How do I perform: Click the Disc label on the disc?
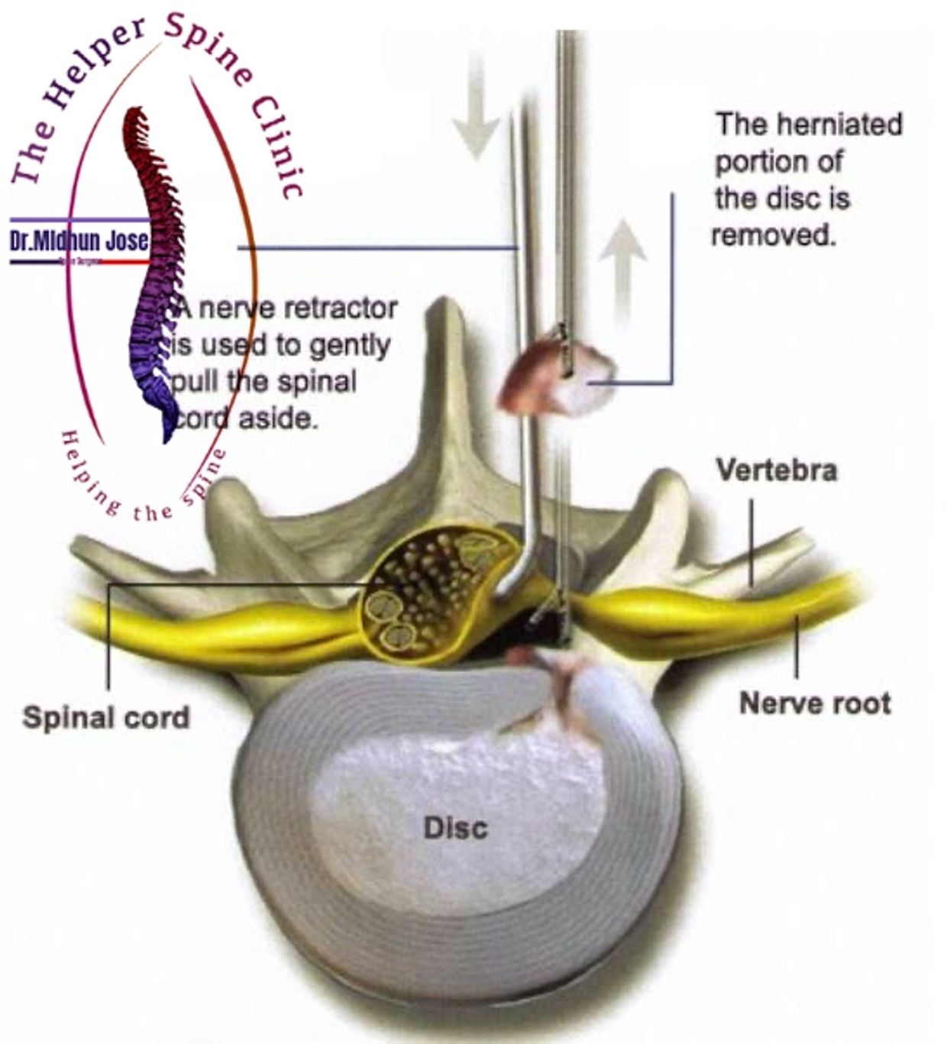coord(455,828)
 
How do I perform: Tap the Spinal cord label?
coord(105,718)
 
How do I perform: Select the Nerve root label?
coord(815,703)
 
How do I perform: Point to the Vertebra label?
coord(776,470)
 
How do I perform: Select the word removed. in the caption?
coord(774,234)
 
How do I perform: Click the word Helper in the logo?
coord(92,76)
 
